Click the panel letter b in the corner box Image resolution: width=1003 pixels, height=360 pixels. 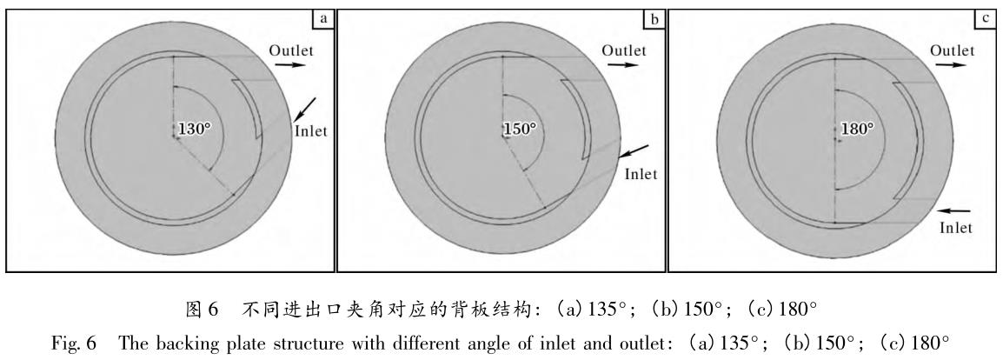click(x=654, y=16)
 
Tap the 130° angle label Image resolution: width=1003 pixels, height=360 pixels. click(x=195, y=129)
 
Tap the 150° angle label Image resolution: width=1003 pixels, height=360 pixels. click(x=521, y=129)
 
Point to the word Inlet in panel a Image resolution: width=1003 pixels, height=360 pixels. click(x=310, y=132)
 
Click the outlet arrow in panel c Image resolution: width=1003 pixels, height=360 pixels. click(x=953, y=65)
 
